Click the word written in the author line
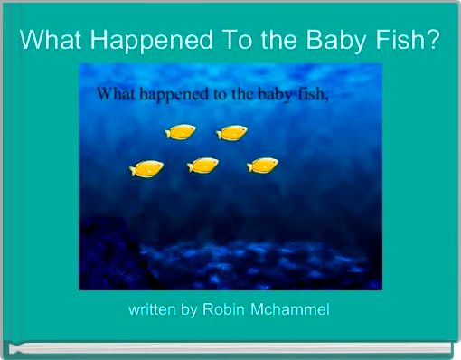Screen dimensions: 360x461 152,310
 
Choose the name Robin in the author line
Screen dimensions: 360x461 224,310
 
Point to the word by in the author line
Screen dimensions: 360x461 188,310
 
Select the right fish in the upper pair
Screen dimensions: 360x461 233,133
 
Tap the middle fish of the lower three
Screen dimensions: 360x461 203,165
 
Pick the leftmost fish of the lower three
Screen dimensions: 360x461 146,168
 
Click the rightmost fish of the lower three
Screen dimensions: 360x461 263,165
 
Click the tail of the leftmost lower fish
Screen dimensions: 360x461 133,169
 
